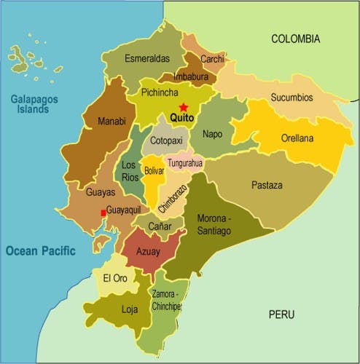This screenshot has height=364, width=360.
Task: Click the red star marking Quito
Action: click(183, 106)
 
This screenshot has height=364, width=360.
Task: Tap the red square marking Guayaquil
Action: click(103, 213)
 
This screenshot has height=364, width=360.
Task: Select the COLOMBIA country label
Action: click(295, 39)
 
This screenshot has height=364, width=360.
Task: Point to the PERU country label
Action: click(281, 314)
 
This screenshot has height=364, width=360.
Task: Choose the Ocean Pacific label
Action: click(40, 250)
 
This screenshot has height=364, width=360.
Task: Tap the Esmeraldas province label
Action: click(146, 58)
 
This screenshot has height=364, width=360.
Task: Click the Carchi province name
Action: click(212, 58)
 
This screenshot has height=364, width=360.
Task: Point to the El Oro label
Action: click(115, 278)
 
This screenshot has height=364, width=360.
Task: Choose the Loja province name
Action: click(129, 309)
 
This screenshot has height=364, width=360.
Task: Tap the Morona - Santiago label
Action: click(214, 224)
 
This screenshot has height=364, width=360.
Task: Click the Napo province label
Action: click(213, 134)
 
